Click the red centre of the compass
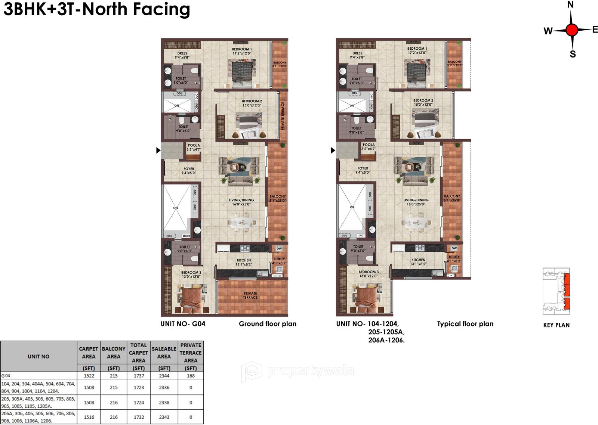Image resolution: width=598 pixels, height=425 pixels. (571, 30)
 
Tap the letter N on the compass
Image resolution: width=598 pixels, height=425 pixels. (570, 5)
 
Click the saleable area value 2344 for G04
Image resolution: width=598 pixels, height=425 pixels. (164, 376)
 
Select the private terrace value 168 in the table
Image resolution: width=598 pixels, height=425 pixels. (191, 376)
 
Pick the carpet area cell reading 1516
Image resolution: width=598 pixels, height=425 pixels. (89, 417)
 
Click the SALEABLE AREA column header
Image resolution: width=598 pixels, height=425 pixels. (164, 353)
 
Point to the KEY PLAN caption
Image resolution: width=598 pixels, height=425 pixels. (556, 325)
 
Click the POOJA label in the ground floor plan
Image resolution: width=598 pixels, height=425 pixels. (194, 145)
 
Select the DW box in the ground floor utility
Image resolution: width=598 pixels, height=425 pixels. (279, 249)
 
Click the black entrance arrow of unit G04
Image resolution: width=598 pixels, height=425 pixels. (158, 150)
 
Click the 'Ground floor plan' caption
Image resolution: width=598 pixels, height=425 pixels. (268, 324)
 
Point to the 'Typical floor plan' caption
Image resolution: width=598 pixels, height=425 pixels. (465, 324)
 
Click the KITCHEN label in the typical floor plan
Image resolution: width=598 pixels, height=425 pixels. (418, 260)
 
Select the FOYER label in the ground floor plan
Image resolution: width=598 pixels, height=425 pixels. (189, 169)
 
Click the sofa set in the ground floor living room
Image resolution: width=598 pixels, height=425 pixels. (239, 170)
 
